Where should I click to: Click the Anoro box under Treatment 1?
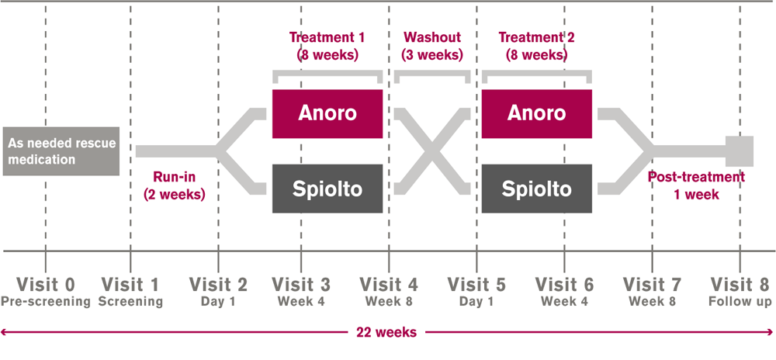327,113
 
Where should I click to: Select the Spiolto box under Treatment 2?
537,189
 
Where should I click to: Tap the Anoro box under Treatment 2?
537,113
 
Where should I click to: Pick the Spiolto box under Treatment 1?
327,189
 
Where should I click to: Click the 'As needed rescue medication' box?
61,151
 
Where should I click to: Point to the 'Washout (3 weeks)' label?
431,46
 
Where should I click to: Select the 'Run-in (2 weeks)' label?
175,186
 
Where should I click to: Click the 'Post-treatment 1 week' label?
696,186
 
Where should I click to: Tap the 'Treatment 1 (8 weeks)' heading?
327,46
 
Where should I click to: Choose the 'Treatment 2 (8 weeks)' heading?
536,46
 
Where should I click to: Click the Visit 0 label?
46,284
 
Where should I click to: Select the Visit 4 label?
390,284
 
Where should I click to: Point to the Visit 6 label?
565,284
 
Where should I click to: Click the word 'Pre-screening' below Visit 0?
46,301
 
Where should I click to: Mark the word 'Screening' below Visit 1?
131,301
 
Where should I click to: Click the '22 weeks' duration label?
386,332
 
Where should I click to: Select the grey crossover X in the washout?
432,151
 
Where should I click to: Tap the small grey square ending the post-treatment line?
740,151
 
